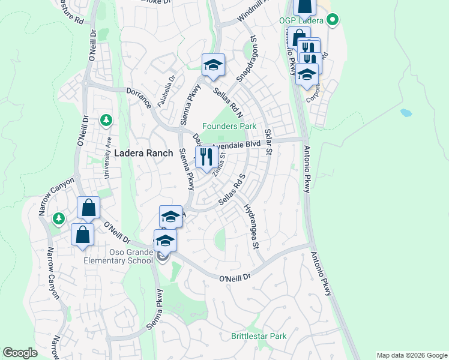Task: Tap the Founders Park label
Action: pos(229,126)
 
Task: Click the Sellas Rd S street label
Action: pos(232,189)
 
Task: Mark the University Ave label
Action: pos(108,158)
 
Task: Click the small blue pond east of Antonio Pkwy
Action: pos(406,112)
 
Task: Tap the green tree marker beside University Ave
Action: pos(106,121)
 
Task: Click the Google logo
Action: pos(20,353)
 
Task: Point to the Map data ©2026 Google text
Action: pos(411,355)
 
